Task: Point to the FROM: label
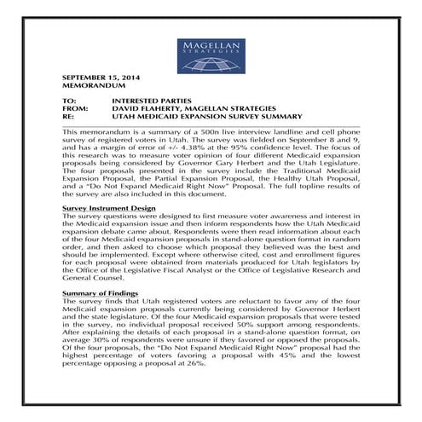76,109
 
